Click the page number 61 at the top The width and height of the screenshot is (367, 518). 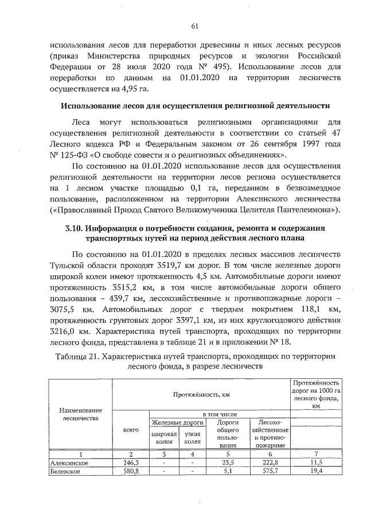[194, 26]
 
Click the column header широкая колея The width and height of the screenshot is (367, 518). [163, 438]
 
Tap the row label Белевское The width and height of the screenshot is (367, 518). [65, 472]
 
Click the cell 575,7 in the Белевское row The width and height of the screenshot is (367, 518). [270, 472]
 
